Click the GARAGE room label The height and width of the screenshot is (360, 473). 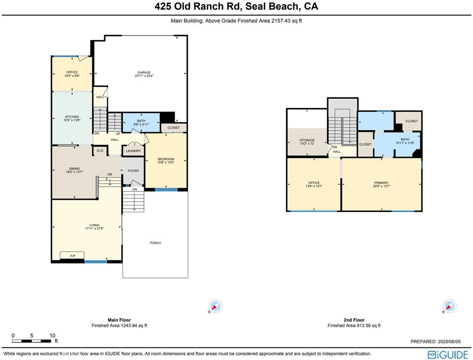[x=144, y=72]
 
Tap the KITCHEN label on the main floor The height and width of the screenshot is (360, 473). [x=72, y=116]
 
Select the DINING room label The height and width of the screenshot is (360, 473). [x=74, y=169]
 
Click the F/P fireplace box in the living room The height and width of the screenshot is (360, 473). [x=72, y=256]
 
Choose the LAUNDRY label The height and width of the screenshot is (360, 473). [x=133, y=151]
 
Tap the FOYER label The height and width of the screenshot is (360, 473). [x=133, y=171]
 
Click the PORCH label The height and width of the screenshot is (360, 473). [x=155, y=243]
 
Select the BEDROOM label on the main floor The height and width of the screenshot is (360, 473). [x=165, y=159]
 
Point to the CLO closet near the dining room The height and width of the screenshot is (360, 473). [x=100, y=150]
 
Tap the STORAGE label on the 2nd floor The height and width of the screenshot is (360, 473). [x=307, y=140]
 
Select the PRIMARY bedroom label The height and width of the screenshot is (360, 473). [x=381, y=183]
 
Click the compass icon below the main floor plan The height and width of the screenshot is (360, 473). [x=215, y=306]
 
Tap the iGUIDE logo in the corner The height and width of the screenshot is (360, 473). [x=448, y=354]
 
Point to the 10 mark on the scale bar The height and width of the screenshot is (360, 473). [x=52, y=335]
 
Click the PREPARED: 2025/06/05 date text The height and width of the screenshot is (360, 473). [x=438, y=341]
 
